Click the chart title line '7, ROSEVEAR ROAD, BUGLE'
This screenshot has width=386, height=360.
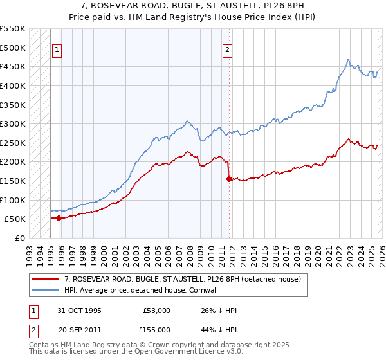pyautogui.click(x=193, y=6)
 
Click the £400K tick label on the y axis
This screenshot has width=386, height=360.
pyautogui.click(x=13, y=85)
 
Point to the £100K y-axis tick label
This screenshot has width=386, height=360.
pyautogui.click(x=13, y=200)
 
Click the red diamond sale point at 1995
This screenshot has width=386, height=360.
pyautogui.click(x=59, y=218)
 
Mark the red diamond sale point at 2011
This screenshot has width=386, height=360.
pyautogui.click(x=228, y=179)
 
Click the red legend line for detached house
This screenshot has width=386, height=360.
pyautogui.click(x=46, y=279)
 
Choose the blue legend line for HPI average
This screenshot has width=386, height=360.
pyautogui.click(x=46, y=290)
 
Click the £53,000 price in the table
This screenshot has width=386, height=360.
pyautogui.click(x=156, y=310)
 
